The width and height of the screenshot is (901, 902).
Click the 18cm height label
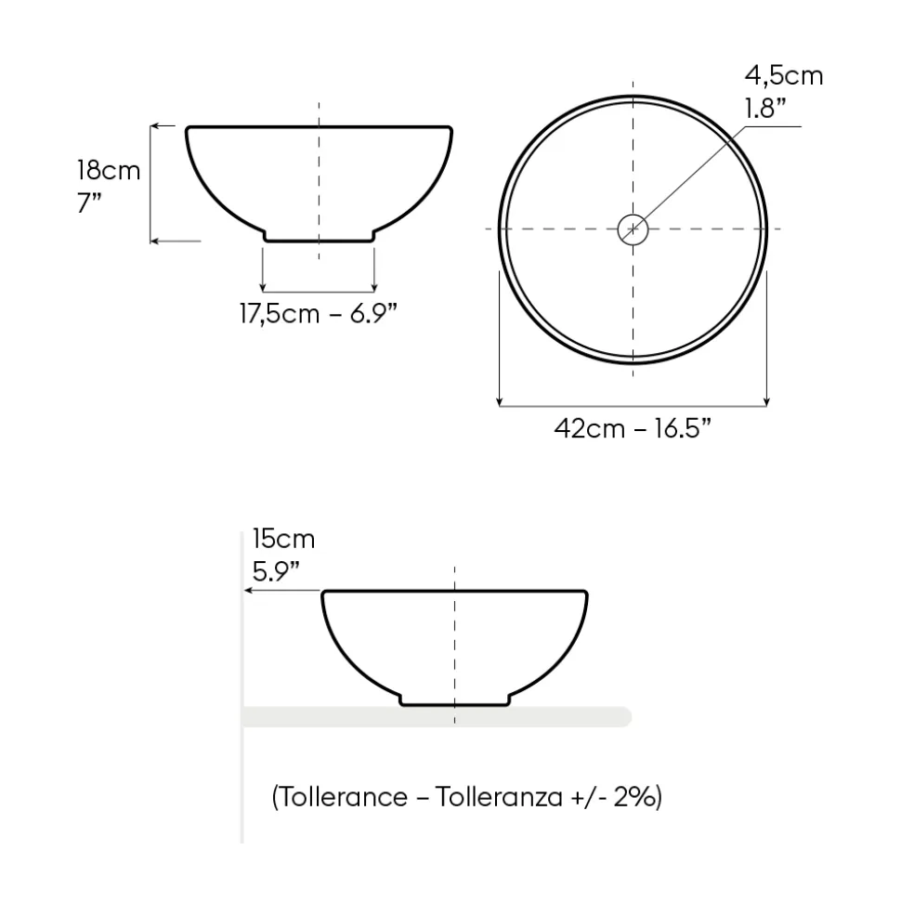[x=109, y=170]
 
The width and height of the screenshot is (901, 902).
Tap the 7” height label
[x=89, y=203]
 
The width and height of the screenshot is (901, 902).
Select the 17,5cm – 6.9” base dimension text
[x=319, y=314]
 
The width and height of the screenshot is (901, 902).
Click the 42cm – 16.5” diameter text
[x=633, y=428]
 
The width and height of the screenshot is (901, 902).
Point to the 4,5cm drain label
[x=784, y=76]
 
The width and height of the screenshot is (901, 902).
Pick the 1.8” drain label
[x=765, y=108]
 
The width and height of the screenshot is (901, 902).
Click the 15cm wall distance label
[x=283, y=539]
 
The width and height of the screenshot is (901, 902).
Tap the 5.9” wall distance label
[x=276, y=572]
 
